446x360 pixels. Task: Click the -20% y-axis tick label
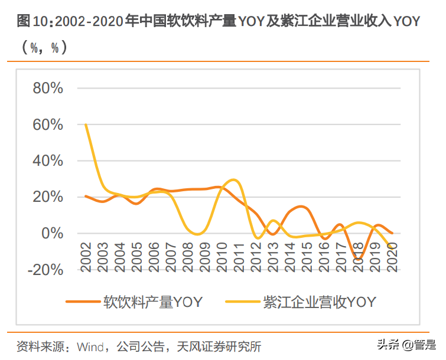43,270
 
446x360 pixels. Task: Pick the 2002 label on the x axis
87,257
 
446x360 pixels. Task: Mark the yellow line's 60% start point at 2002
86,125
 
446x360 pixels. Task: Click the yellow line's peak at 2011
235,179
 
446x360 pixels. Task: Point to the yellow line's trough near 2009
198,234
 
